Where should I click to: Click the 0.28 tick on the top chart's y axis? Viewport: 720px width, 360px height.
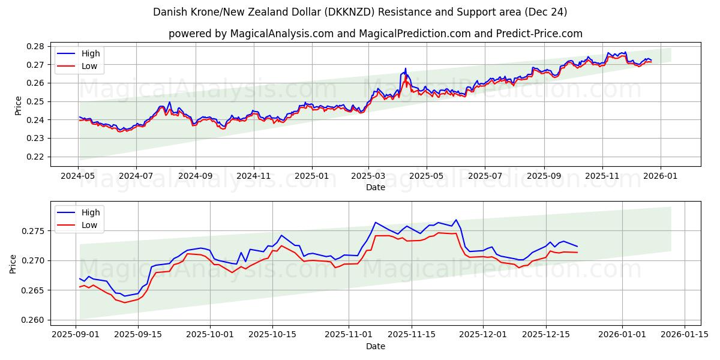pyautogui.click(x=37, y=46)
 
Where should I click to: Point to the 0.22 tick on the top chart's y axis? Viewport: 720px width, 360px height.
pyautogui.click(x=37, y=157)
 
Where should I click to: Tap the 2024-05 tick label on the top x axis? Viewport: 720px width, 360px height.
pyautogui.click(x=78, y=176)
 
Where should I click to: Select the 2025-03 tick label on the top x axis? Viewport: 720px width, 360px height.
pyautogui.click(x=368, y=176)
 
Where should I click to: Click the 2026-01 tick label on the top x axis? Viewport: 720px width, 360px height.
pyautogui.click(x=661, y=176)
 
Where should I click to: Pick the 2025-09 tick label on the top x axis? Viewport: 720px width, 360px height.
pyautogui.click(x=544, y=176)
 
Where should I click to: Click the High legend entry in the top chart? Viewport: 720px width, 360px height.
pyautogui.click(x=91, y=53)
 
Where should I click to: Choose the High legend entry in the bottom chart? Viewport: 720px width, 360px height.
pyautogui.click(x=91, y=212)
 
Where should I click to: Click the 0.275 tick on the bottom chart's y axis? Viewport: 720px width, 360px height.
pyautogui.click(x=34, y=231)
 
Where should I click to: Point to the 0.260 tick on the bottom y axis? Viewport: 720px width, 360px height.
pyautogui.click(x=34, y=320)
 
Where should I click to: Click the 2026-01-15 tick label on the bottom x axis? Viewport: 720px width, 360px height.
pyautogui.click(x=685, y=335)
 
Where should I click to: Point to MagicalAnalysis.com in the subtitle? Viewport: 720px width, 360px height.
pyautogui.click(x=282, y=34)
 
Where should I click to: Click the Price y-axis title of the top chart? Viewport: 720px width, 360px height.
pyautogui.click(x=18, y=106)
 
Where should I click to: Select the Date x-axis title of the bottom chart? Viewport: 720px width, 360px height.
pyautogui.click(x=376, y=346)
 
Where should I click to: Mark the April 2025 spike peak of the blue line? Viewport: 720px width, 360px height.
pyautogui.click(x=405, y=68)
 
